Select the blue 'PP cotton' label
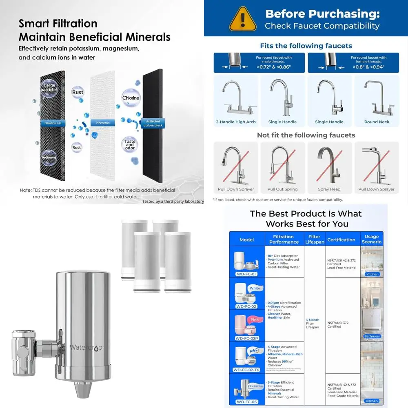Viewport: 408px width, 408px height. [102, 123]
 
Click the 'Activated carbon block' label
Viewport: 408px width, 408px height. [153, 123]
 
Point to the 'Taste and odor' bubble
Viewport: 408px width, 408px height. [130, 144]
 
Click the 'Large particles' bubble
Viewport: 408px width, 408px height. [48, 88]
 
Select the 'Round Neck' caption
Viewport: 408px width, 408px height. [377, 122]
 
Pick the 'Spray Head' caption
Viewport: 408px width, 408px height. [329, 189]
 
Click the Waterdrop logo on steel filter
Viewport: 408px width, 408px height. [86, 347]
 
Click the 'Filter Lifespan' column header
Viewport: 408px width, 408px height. [314, 239]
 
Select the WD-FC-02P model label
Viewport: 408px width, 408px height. [246, 338]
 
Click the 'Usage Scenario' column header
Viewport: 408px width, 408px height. [372, 239]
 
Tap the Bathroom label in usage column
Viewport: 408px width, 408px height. [372, 336]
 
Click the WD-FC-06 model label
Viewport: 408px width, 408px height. [246, 401]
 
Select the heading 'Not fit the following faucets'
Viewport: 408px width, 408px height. [306, 135]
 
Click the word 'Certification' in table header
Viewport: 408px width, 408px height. [341, 239]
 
